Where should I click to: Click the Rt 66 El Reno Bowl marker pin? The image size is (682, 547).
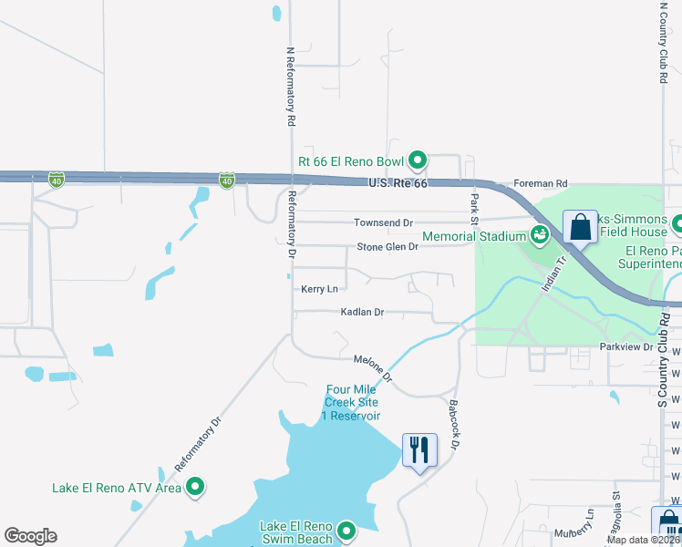pyautogui.click(x=418, y=161)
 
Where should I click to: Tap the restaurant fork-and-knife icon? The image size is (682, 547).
pyautogui.click(x=419, y=449)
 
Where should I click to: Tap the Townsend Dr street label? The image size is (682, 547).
pyautogui.click(x=383, y=222)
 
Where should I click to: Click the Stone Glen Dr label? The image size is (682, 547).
pyautogui.click(x=387, y=247)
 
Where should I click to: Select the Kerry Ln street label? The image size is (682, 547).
pyautogui.click(x=319, y=289)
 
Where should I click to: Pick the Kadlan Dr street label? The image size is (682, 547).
pyautogui.click(x=362, y=312)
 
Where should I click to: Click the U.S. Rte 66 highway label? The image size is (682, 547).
pyautogui.click(x=398, y=184)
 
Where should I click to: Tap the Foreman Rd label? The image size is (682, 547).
pyautogui.click(x=541, y=183)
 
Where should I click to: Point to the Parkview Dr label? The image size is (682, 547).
pyautogui.click(x=626, y=347)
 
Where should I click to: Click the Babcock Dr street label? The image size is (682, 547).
pyautogui.click(x=453, y=423)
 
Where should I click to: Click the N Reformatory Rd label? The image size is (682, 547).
pyautogui.click(x=290, y=87)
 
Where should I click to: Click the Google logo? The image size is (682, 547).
pyautogui.click(x=30, y=536)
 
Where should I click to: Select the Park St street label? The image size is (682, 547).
pyautogui.click(x=474, y=209)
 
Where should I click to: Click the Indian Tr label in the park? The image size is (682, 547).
pyautogui.click(x=554, y=273)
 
